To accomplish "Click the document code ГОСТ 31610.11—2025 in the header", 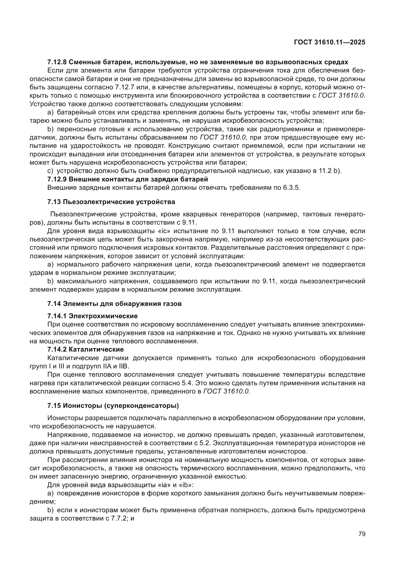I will pyautogui.click(x=329, y=42).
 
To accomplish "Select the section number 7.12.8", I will pyautogui.click(x=57, y=62).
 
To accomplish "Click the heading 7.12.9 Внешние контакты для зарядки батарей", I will pyautogui.click(x=127, y=179).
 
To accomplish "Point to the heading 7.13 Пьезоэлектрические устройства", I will pyautogui.click(x=111, y=202).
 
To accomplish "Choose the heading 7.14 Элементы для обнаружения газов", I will pyautogui.click(x=114, y=304).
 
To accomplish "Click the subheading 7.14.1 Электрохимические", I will pyautogui.click(x=93, y=316).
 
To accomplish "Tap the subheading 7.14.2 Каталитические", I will pyautogui.click(x=86, y=349).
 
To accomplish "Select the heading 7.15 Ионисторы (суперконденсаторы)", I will pyautogui.click(x=113, y=406).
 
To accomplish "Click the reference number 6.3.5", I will pyautogui.click(x=291, y=187).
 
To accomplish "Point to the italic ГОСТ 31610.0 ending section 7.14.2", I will pyautogui.click(x=226, y=391).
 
